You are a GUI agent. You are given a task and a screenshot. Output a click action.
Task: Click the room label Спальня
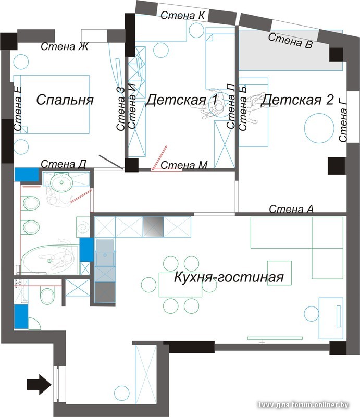tap(65, 100)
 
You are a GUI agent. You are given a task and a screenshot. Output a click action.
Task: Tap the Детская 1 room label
tap(181, 100)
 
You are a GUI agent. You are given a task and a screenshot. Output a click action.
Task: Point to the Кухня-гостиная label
tap(229, 277)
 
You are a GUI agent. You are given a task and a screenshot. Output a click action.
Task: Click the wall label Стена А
tap(291, 209)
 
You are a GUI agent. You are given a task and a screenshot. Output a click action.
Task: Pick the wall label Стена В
tap(290, 41)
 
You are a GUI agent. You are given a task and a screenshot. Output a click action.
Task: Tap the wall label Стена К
tap(182, 16)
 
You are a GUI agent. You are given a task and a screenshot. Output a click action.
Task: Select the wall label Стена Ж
tap(65, 47)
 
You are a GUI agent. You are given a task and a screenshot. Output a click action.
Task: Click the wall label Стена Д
tap(63, 165)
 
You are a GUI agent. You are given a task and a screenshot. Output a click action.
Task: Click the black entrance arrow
tap(39, 385)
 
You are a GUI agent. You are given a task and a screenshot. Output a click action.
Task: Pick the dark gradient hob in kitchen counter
tap(154, 227)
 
